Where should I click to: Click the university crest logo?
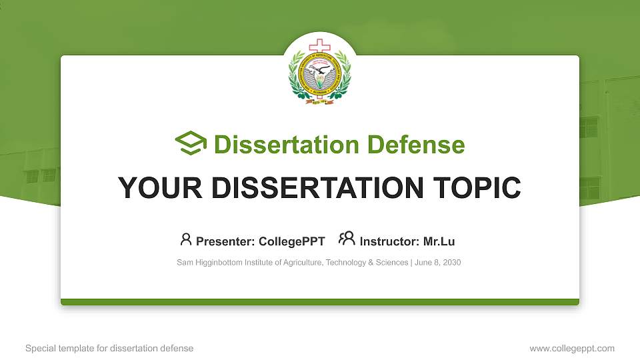point(319,73)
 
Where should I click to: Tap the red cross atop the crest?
point(319,46)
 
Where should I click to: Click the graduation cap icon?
point(191,144)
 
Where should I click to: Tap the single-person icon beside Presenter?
point(186,239)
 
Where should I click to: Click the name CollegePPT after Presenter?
point(292,241)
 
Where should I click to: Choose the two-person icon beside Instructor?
point(347,239)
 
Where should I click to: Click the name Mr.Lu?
point(439,241)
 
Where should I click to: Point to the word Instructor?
point(389,241)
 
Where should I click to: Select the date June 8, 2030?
point(437,263)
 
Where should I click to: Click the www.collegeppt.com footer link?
point(571,348)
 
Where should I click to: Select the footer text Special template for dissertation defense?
point(109,348)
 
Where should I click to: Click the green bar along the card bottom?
point(320,302)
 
